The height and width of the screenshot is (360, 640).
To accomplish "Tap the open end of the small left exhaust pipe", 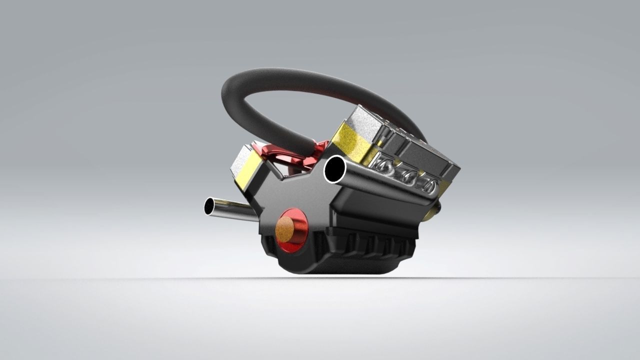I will coord(209,206).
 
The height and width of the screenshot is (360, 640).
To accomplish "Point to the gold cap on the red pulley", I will coord(285,228).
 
